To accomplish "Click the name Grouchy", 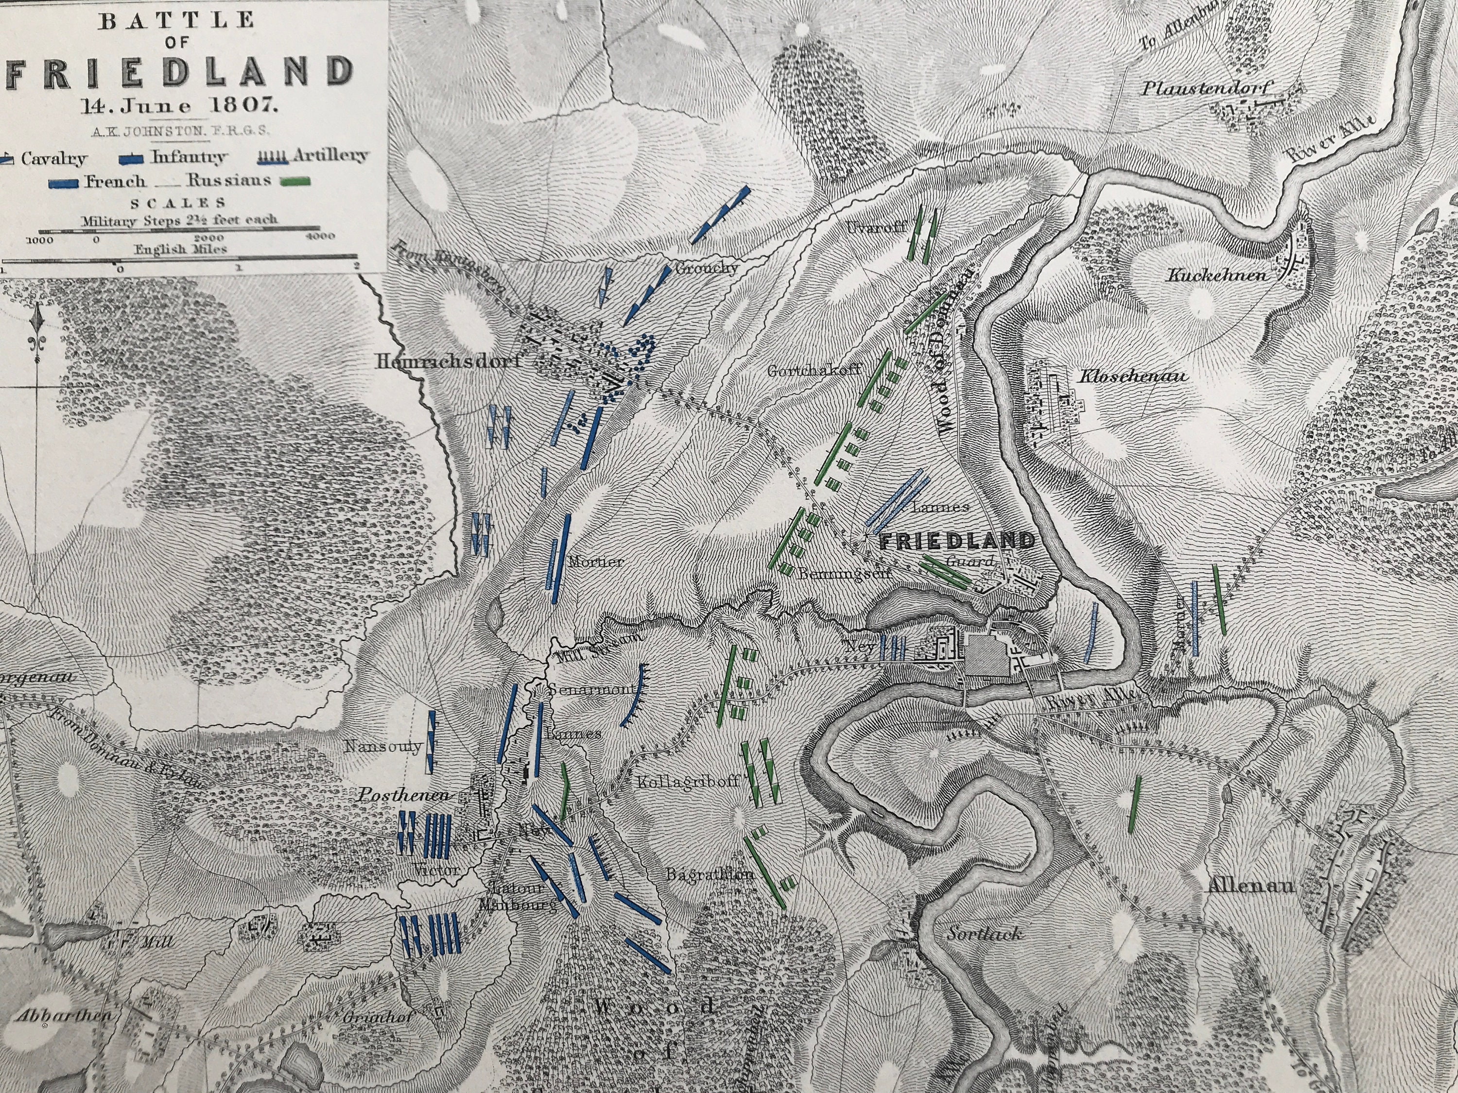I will pyautogui.click(x=705, y=269).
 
